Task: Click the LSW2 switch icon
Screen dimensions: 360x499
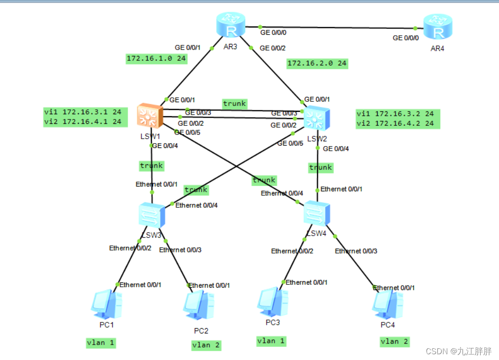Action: [316, 118]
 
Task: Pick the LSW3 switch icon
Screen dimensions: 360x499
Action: [152, 215]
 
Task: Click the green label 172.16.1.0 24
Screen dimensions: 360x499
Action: [156, 59]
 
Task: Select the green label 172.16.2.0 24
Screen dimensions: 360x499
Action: [317, 63]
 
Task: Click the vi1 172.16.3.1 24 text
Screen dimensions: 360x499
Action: [82, 112]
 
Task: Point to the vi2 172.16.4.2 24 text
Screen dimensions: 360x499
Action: [395, 124]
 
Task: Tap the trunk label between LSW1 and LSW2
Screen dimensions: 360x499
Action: [235, 103]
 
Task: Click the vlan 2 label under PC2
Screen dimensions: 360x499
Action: [206, 345]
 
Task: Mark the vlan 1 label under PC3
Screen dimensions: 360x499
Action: [271, 341]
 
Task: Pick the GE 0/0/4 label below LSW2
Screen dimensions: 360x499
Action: [336, 149]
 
